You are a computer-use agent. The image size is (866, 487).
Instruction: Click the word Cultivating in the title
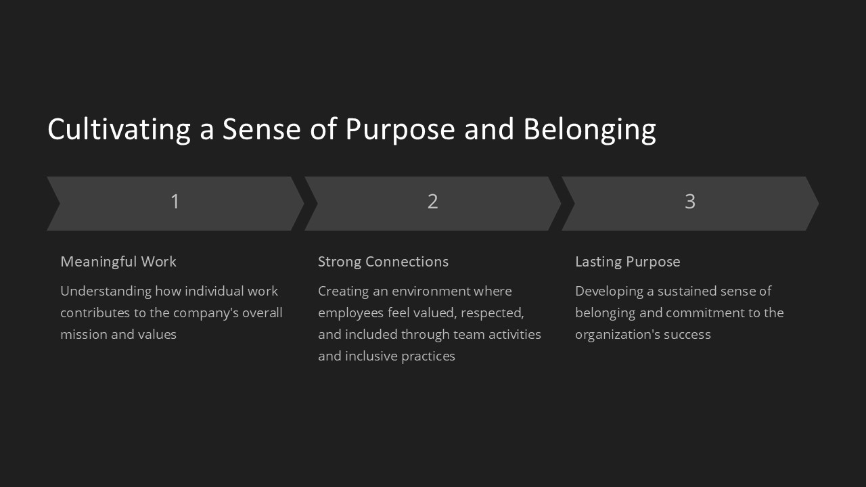point(118,129)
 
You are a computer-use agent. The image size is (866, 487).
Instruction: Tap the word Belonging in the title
point(589,129)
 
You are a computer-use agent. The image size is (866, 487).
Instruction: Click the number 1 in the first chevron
point(175,202)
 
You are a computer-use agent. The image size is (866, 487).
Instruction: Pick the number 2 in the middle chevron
point(433,202)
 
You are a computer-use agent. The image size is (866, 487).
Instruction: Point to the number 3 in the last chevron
point(690,202)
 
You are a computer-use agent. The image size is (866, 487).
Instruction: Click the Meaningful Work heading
point(118,262)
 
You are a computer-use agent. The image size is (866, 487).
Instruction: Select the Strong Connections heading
point(383,262)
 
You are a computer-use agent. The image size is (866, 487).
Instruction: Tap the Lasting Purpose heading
point(627,262)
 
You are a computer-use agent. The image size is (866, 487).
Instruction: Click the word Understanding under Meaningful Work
point(106,292)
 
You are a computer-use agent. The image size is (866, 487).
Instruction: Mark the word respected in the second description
point(492,313)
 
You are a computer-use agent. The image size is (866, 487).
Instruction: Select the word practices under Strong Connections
point(428,356)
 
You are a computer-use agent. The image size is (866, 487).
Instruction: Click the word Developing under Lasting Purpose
point(606,292)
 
